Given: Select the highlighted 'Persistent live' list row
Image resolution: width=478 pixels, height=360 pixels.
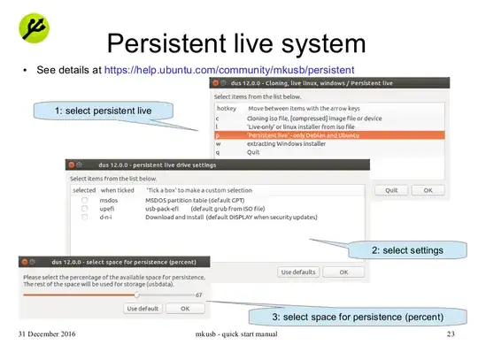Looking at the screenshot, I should (328, 134).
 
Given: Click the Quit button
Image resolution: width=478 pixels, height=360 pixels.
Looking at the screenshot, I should (390, 189).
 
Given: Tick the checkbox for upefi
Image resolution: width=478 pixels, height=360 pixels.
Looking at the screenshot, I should (85, 209).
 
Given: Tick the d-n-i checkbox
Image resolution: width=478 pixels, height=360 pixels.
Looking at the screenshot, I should (85, 217).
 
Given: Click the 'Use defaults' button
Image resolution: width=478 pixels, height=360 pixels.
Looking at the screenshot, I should (298, 272).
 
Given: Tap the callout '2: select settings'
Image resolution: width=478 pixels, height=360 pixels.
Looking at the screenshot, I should (407, 250).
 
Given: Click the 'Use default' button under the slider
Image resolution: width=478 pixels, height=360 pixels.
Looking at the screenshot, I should (143, 309).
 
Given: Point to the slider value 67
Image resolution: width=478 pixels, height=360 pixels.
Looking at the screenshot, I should (200, 295).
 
